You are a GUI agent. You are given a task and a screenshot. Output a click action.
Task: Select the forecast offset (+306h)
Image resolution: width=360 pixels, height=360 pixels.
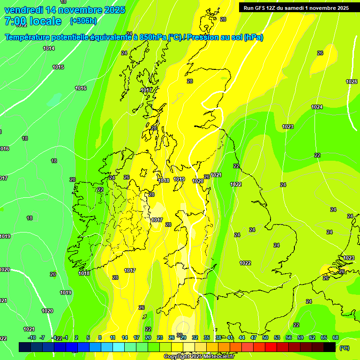[x=83, y=21]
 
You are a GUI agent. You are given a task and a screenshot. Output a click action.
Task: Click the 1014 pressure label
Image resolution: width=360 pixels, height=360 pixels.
[x=49, y=48]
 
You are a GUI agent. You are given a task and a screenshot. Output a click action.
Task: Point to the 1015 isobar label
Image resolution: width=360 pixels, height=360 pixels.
[x=58, y=67]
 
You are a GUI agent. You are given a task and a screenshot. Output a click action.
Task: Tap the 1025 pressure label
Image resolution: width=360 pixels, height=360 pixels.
[x=352, y=82]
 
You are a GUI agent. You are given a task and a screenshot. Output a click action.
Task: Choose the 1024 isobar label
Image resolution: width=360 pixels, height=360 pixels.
[x=317, y=107]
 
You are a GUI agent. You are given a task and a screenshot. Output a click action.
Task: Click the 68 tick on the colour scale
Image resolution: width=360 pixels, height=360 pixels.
[x=335, y=337]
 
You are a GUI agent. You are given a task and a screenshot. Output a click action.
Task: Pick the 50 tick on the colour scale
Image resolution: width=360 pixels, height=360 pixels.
[x=265, y=337]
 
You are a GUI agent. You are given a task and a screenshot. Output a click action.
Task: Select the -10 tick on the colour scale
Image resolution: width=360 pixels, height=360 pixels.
[x=32, y=337]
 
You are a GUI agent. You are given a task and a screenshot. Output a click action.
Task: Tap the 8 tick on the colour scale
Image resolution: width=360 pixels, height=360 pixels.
[x=100, y=337]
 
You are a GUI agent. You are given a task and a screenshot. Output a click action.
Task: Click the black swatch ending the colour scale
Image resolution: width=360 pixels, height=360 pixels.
[x=330, y=347]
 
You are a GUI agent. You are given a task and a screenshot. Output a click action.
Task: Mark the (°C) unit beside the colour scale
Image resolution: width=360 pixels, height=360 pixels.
[x=345, y=347]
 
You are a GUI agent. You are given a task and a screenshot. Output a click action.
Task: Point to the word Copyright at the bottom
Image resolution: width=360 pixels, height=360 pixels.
[x=177, y=357]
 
